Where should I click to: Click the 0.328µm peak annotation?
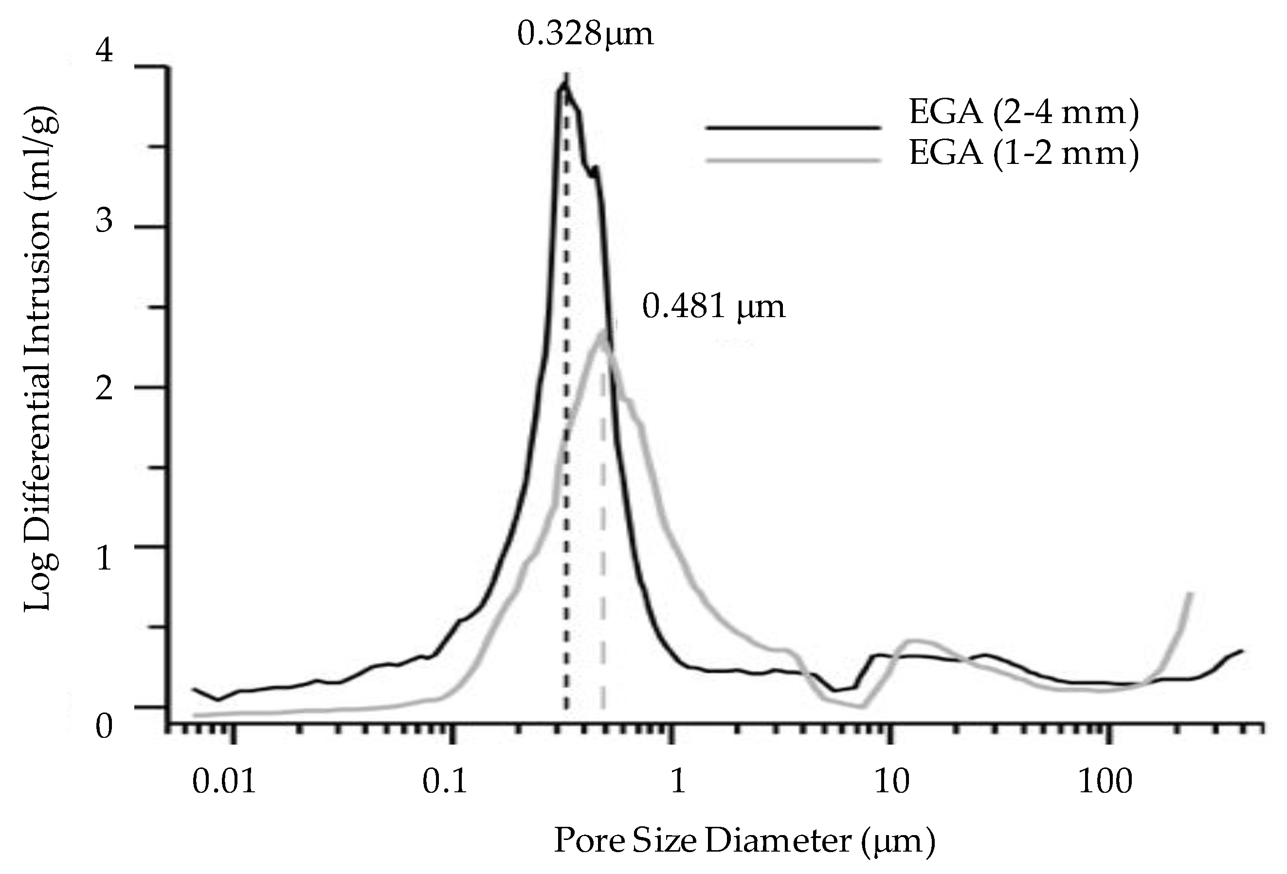click(x=585, y=35)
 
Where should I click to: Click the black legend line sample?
click(x=793, y=127)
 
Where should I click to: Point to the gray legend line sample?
click(x=793, y=161)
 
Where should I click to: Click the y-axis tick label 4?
click(x=104, y=51)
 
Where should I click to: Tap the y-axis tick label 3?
click(x=104, y=221)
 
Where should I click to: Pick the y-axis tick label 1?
click(x=104, y=558)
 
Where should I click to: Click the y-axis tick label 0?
click(x=104, y=727)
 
